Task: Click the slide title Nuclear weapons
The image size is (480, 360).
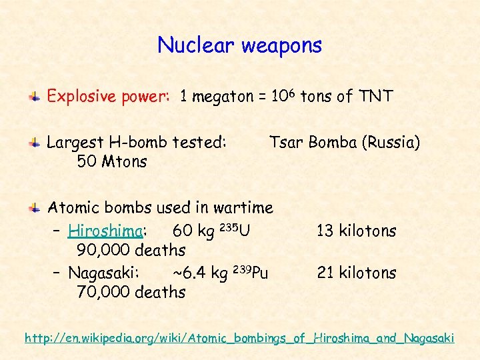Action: (x=239, y=45)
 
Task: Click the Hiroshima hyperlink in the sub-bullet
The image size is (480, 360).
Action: (x=105, y=231)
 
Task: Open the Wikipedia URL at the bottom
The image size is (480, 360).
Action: (x=239, y=338)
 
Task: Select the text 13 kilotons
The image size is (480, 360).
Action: (x=357, y=231)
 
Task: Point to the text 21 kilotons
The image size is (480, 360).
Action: (x=357, y=273)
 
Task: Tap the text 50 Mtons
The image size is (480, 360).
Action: (x=112, y=161)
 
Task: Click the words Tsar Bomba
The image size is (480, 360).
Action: (x=311, y=142)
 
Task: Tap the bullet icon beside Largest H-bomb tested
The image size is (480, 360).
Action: (x=33, y=143)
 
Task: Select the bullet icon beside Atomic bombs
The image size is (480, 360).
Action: (x=33, y=209)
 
